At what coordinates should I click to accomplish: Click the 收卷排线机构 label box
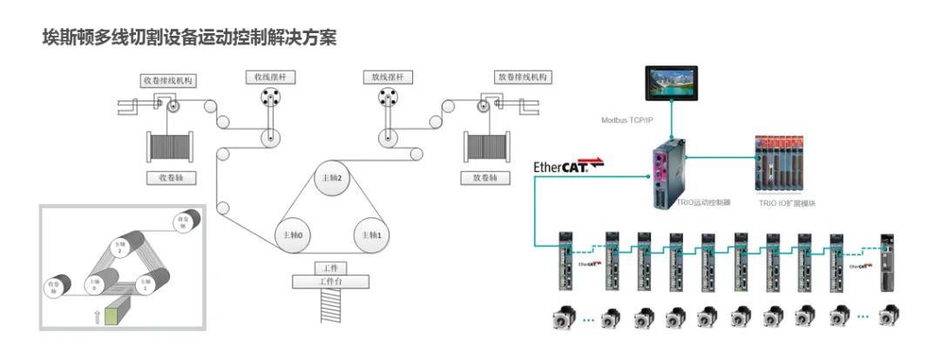point(168,80)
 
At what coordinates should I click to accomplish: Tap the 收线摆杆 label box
point(269,78)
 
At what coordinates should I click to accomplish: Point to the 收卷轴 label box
point(168,178)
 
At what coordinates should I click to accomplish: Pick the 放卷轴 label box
point(485,178)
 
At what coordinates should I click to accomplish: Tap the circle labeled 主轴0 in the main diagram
point(293,235)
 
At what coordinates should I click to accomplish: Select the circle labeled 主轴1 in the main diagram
point(374,235)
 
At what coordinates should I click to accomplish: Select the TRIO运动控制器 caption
point(704,203)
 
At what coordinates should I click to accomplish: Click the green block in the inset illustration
point(113,315)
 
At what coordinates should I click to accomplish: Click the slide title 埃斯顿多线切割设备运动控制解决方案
point(189,37)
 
